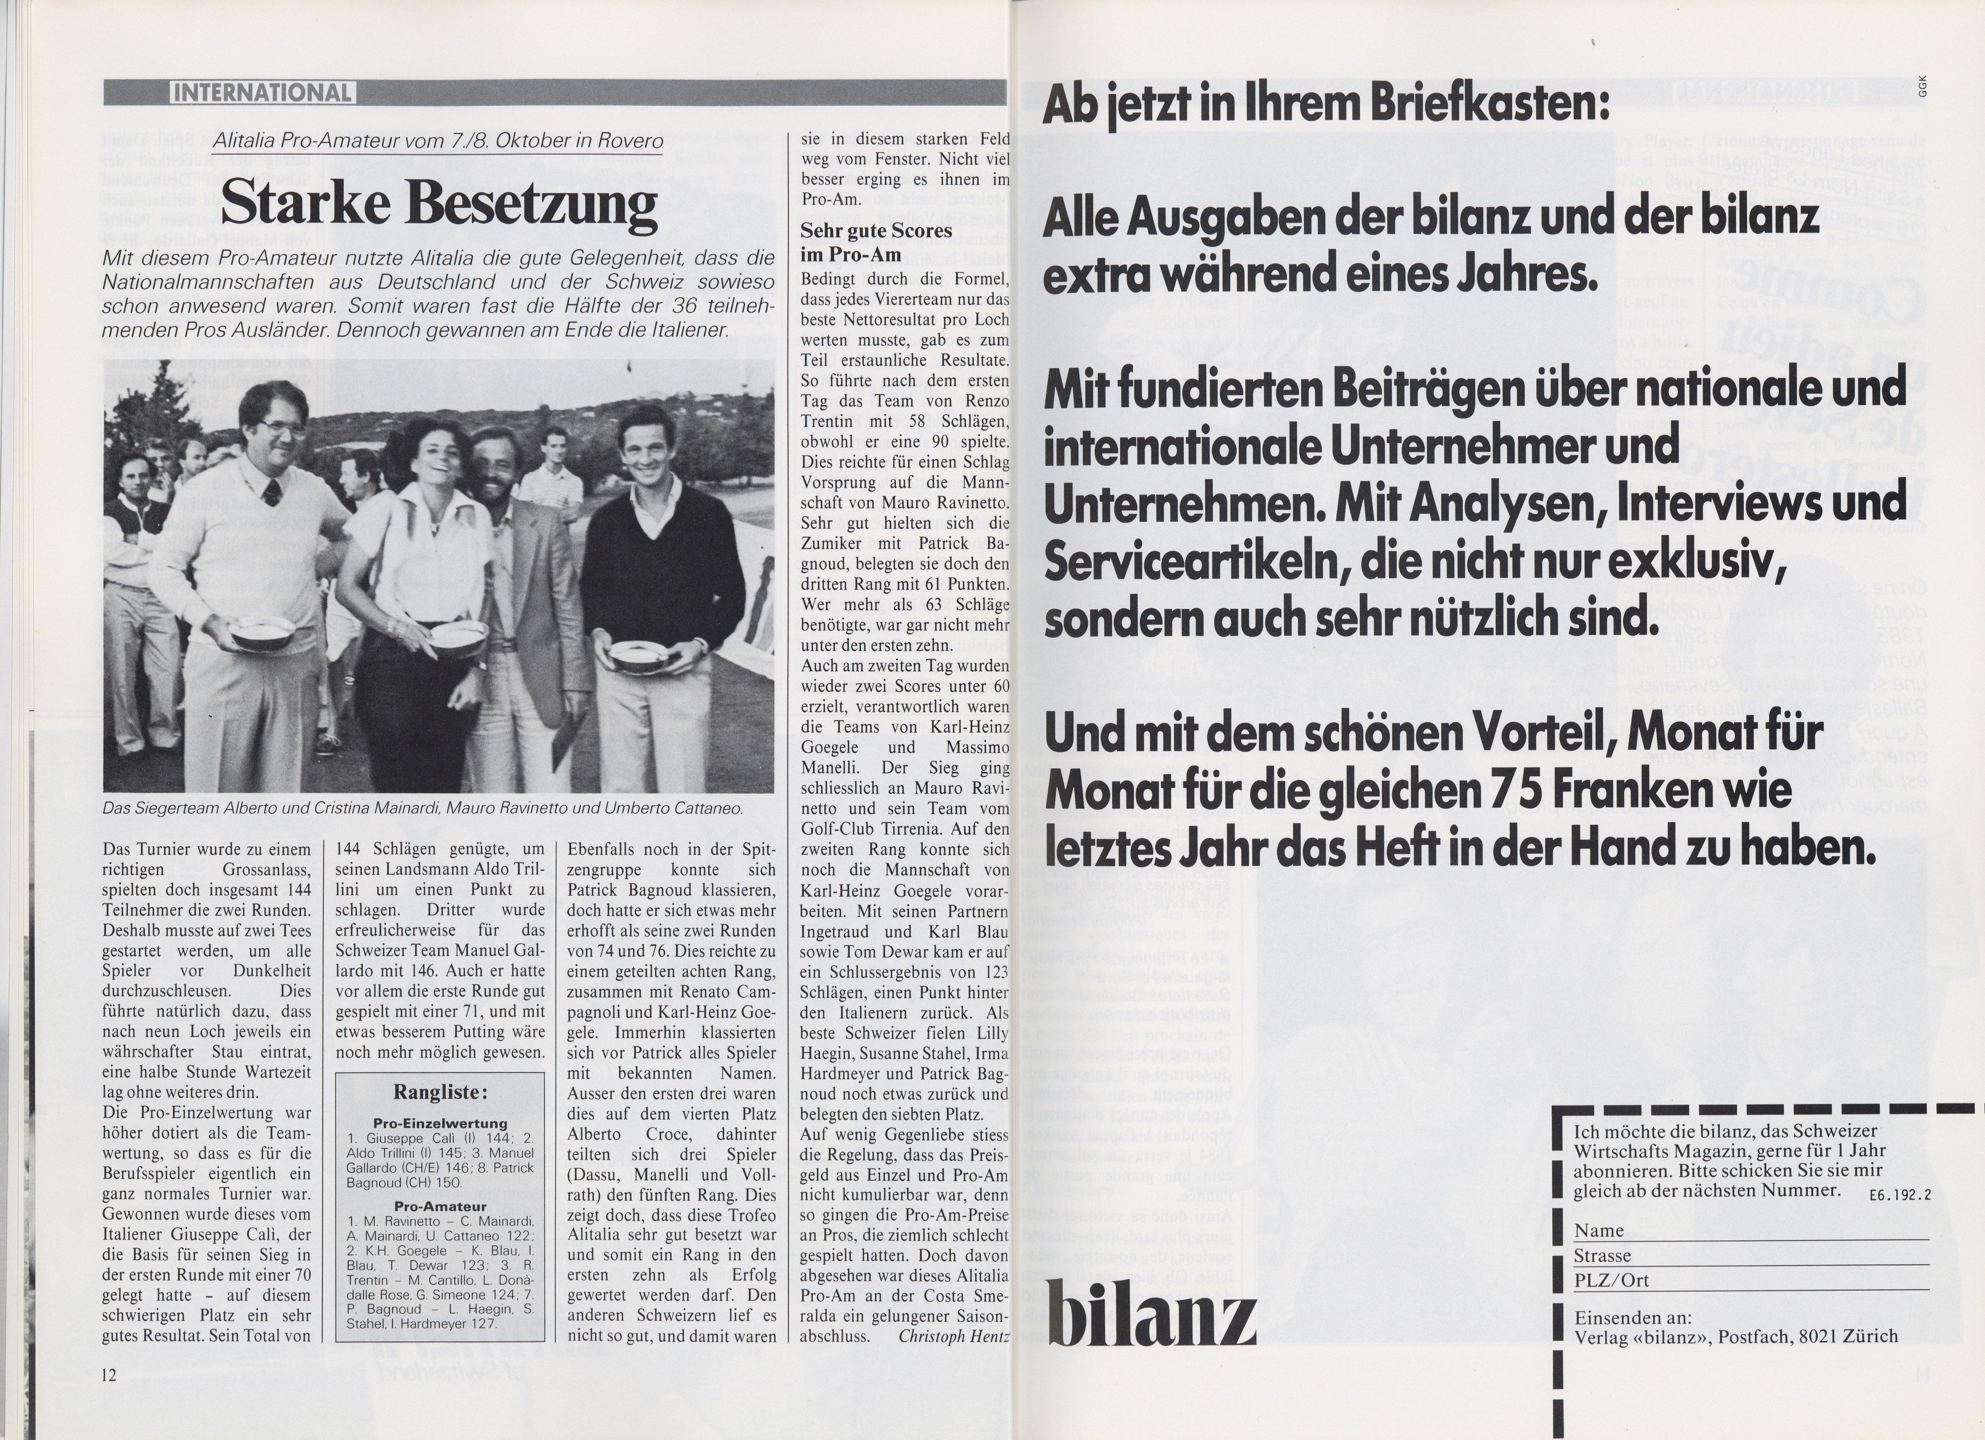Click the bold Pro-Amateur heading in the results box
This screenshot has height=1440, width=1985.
tap(440, 1206)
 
